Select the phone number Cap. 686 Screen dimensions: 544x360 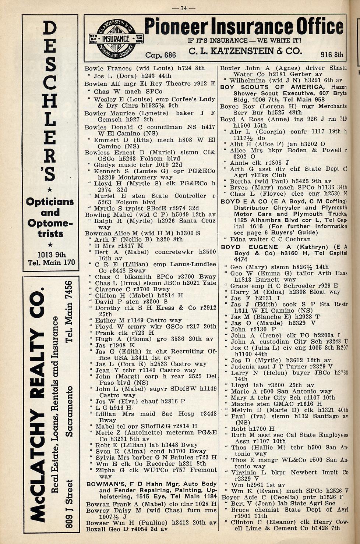point(160,55)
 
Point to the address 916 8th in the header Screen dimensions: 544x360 point(332,55)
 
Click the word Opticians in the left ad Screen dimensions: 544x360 point(50,202)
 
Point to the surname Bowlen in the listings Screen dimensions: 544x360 point(96,83)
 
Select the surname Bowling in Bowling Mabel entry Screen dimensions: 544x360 point(97,214)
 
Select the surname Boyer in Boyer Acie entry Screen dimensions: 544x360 point(230,497)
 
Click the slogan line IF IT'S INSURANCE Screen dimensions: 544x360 point(244,40)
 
